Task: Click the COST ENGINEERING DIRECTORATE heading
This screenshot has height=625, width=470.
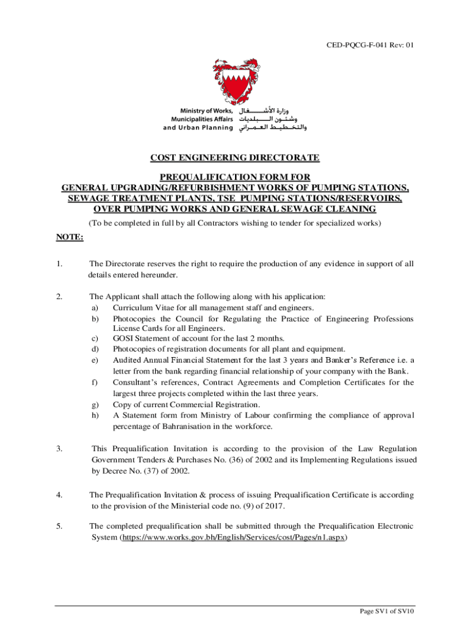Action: point(235,158)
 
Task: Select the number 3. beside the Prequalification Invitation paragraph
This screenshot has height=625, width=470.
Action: point(59,449)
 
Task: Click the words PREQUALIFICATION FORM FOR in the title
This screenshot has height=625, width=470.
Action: point(235,177)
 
